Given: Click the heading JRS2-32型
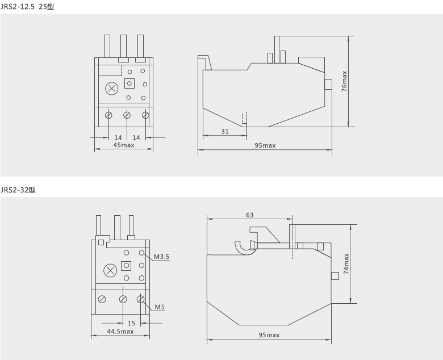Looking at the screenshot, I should point(18,190).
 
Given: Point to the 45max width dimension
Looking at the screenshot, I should point(123,145).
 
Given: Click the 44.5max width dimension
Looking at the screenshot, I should point(120,332).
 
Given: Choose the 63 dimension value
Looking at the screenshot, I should point(249,215).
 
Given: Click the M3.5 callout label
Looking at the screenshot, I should point(162,257).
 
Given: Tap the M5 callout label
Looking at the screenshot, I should point(161,308).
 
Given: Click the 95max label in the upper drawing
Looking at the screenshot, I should point(265,146).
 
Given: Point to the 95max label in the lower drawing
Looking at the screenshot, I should point(269,335).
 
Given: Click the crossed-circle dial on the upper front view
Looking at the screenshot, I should point(112,89).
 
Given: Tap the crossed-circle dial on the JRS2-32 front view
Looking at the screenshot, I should point(110,271).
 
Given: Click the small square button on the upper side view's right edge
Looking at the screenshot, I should point(328,85).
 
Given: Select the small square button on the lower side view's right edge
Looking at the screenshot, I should point(335,275).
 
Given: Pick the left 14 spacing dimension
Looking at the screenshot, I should point(118,137).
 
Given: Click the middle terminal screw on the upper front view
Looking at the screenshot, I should point(127,115).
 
